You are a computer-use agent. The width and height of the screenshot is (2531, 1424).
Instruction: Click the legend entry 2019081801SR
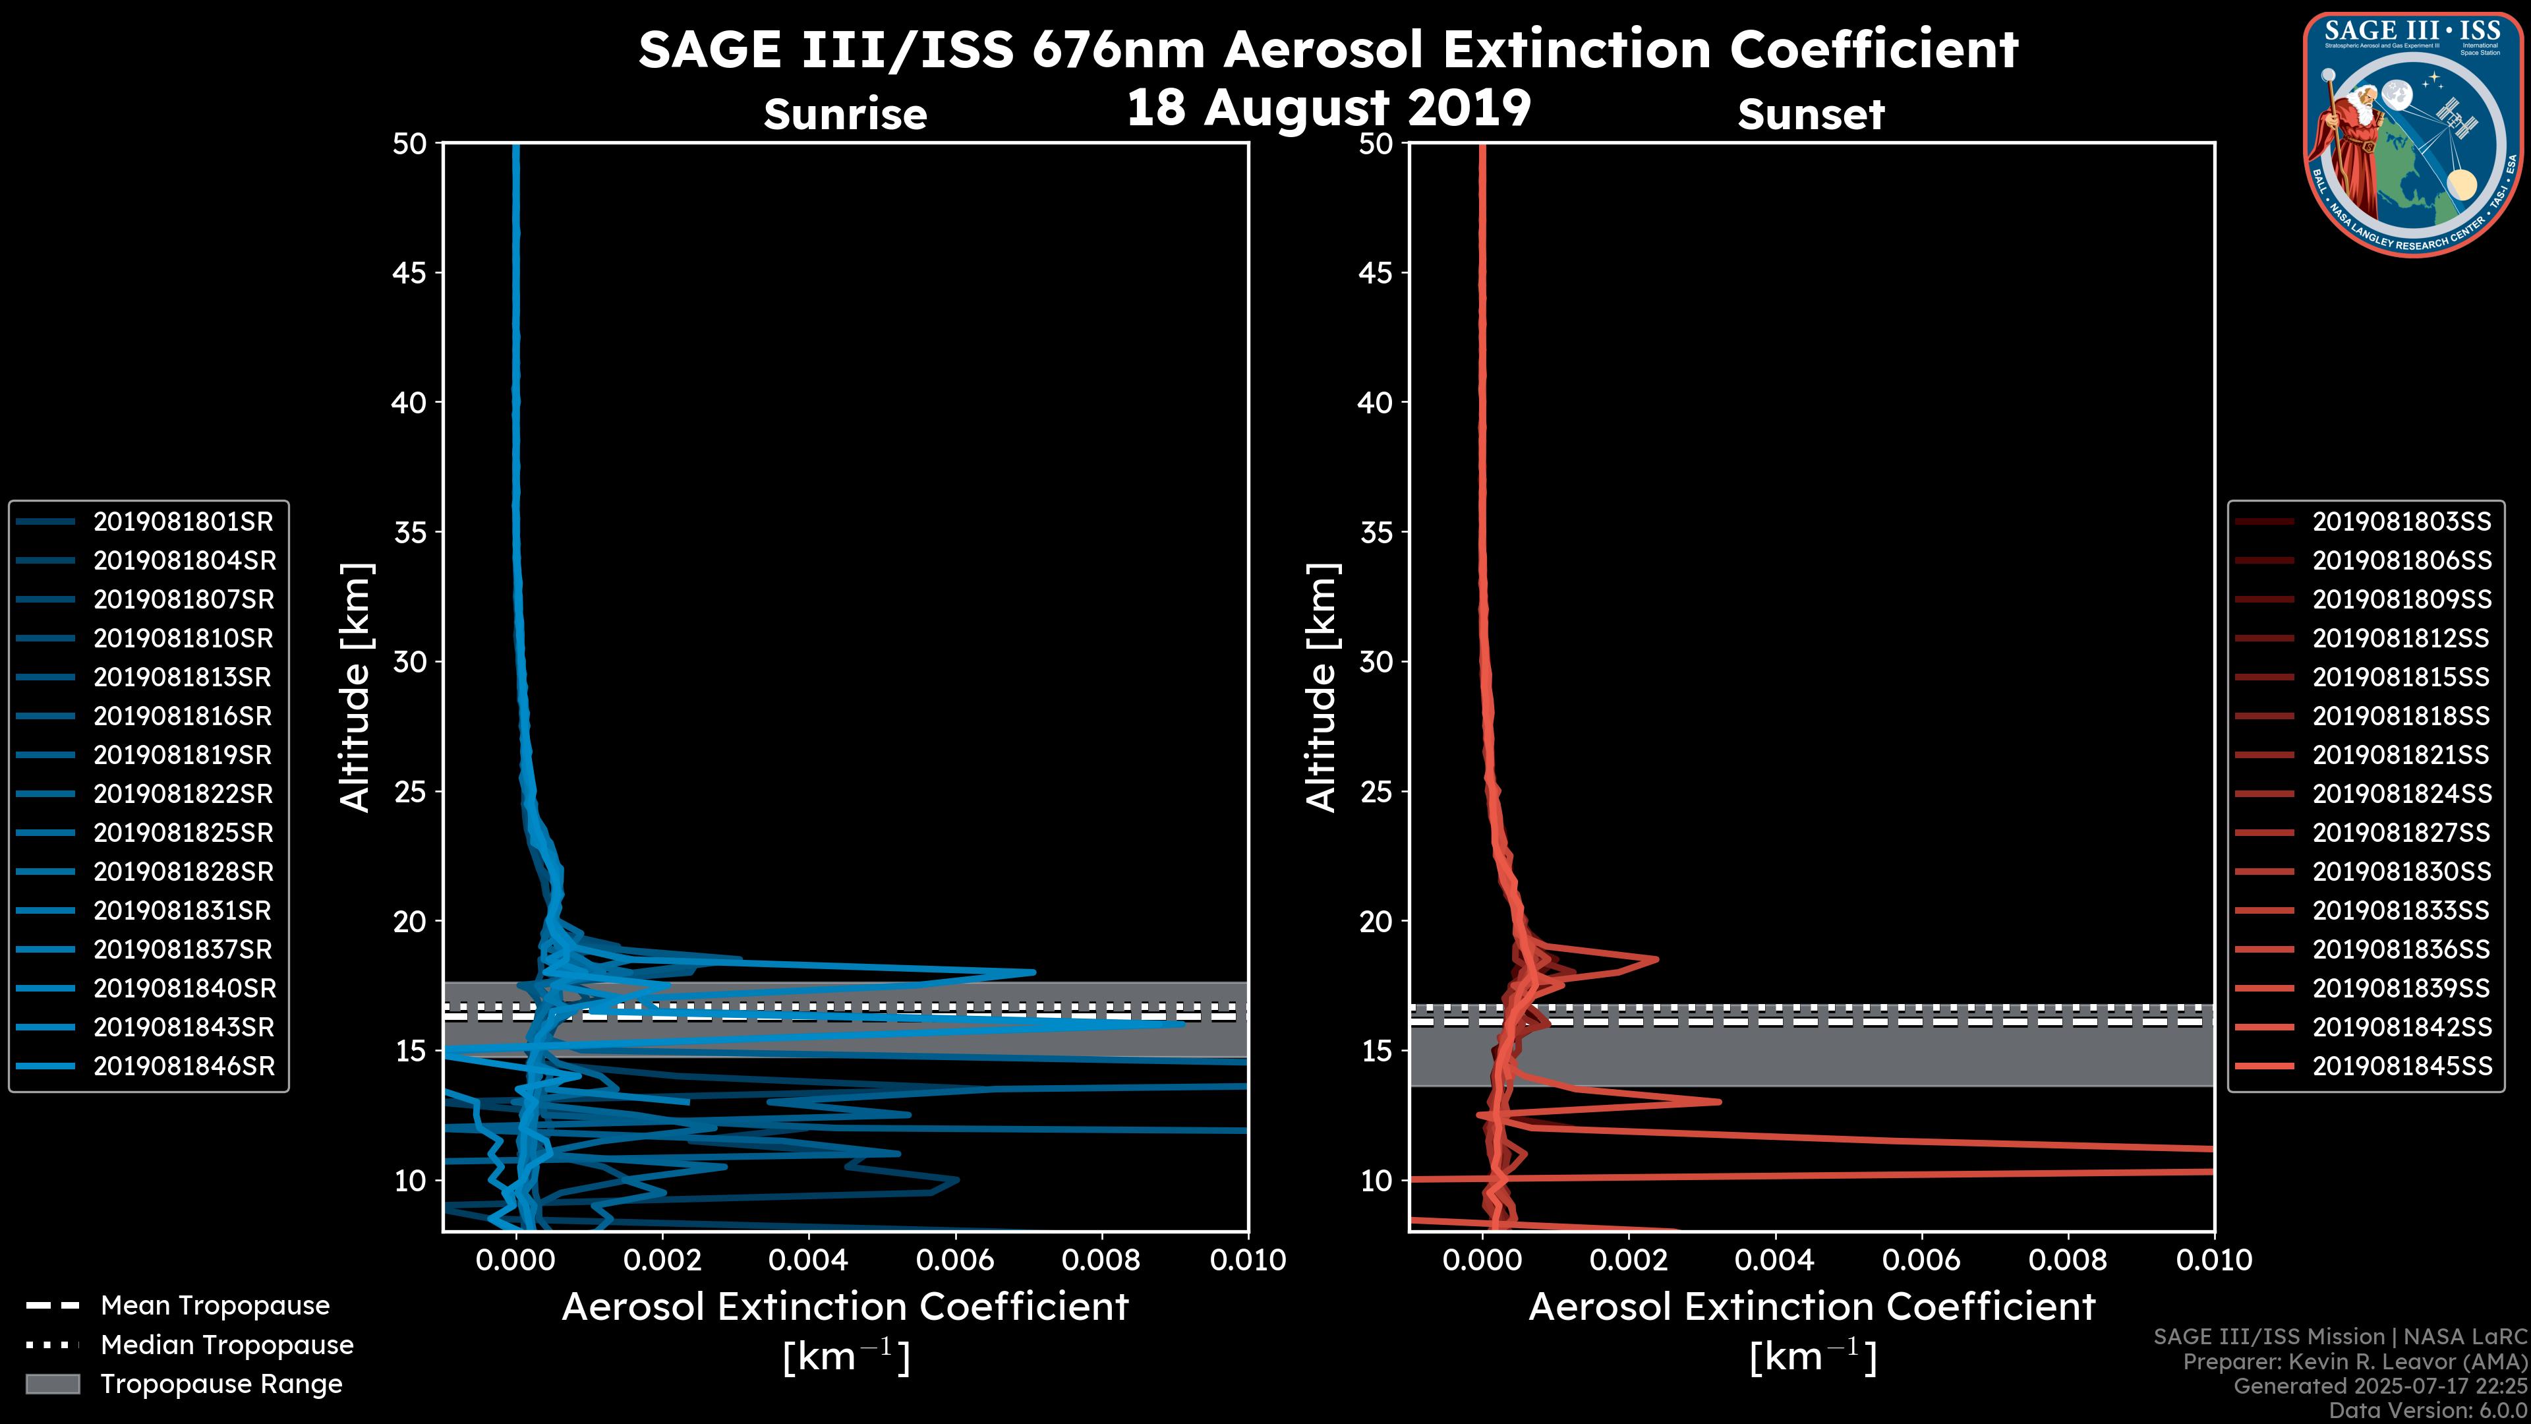click(183, 522)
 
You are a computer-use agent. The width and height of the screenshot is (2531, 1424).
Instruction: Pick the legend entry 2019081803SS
click(2401, 522)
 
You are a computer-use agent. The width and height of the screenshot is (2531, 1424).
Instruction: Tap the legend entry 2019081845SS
click(2401, 1066)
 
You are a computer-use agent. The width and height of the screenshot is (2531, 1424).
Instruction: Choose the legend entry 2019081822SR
click(183, 794)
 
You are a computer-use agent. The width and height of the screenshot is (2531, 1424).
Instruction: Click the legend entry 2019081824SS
click(2401, 794)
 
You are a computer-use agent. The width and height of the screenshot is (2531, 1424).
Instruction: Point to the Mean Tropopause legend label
click(215, 1305)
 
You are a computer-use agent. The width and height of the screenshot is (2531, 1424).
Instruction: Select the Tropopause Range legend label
click(221, 1384)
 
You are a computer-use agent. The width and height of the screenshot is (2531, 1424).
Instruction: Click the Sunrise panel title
click(845, 115)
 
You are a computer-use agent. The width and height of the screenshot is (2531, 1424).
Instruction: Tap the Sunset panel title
click(1811, 115)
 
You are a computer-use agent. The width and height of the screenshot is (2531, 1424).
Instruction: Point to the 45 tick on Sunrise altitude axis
click(410, 273)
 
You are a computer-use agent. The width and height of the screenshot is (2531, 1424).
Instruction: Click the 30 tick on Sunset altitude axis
click(1376, 663)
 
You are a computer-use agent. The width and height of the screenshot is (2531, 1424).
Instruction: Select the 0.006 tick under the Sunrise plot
click(956, 1260)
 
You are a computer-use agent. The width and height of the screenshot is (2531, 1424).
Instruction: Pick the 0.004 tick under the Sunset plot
click(1776, 1260)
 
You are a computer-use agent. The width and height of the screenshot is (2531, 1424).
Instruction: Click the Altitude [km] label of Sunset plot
click(1322, 688)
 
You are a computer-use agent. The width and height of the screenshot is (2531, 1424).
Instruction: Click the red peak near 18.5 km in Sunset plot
click(1656, 959)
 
